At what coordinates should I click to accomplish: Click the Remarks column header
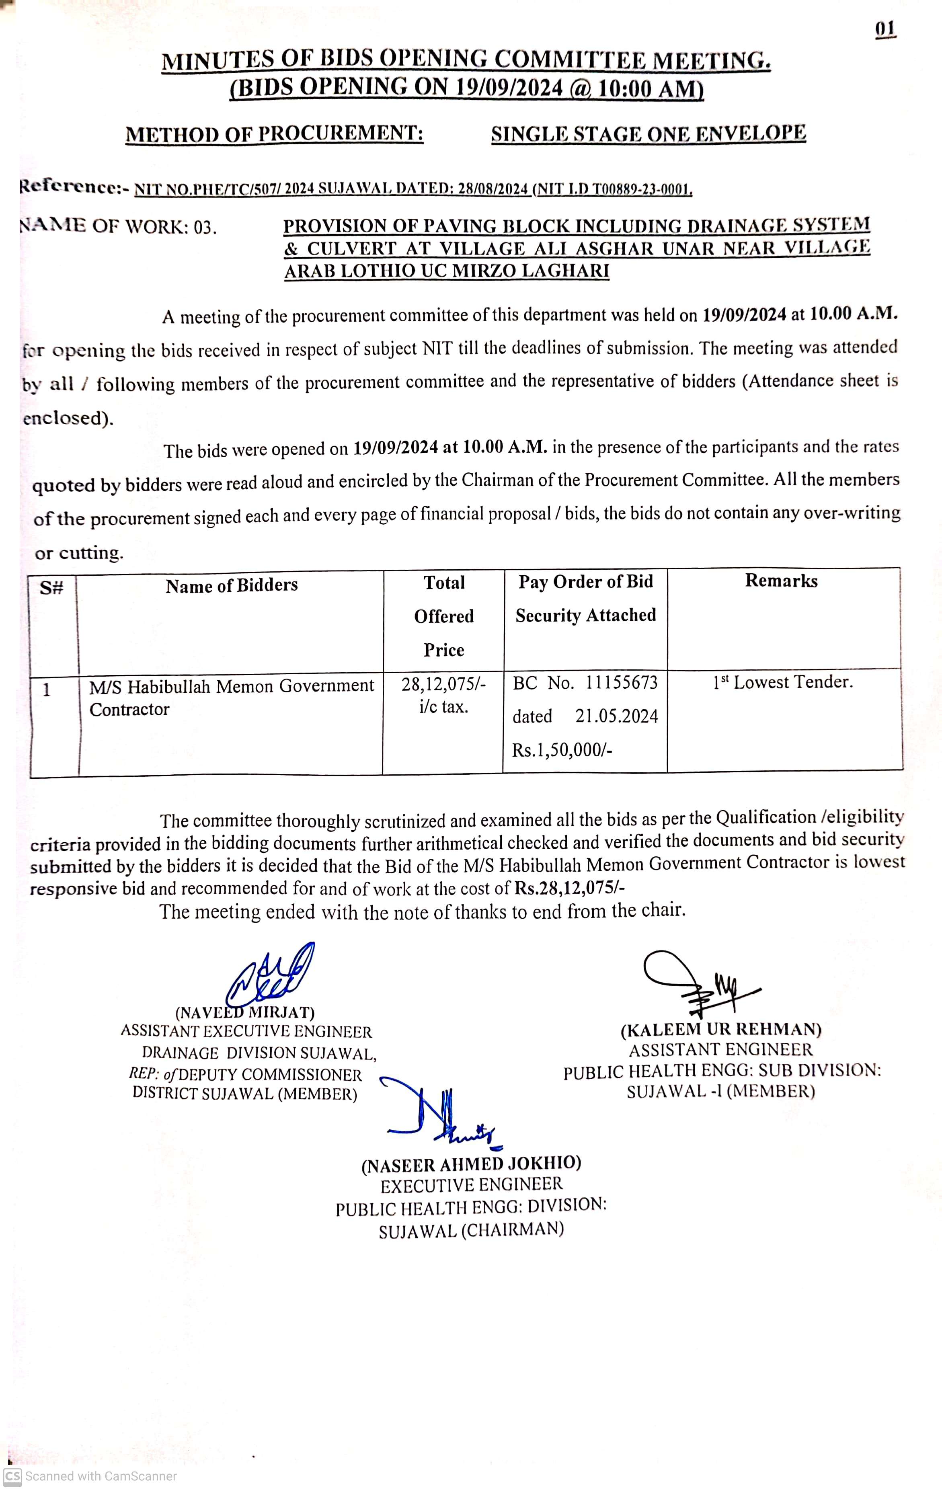point(781,581)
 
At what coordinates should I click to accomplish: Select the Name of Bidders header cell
point(232,585)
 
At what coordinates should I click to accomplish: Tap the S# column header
point(52,588)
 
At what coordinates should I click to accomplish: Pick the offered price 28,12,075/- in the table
point(443,684)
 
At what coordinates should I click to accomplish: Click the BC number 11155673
point(622,683)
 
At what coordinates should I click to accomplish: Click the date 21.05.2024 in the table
point(616,716)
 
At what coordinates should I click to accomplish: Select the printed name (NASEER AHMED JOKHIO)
point(471,1164)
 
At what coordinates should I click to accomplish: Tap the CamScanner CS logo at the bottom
point(12,1476)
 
